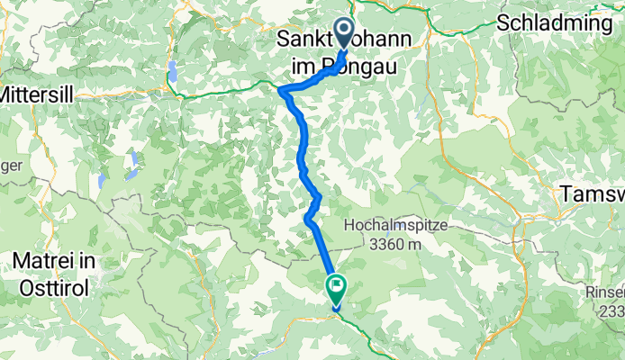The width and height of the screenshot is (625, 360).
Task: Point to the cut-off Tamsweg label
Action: (592, 193)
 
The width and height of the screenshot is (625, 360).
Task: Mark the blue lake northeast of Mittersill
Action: (171, 70)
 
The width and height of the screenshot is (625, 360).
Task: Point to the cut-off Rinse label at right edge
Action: (602, 292)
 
